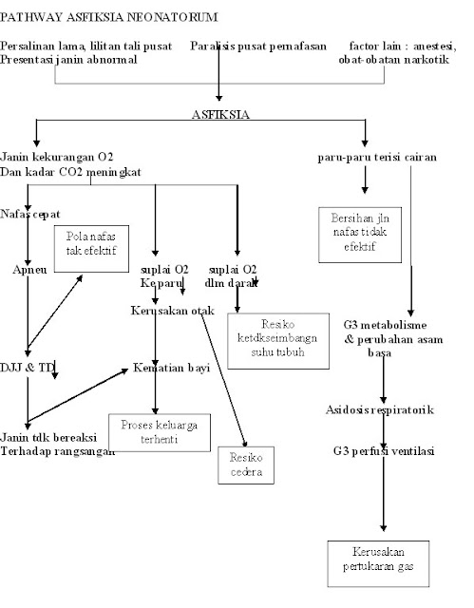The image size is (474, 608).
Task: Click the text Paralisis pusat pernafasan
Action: click(x=257, y=46)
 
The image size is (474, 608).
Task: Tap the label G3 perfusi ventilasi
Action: click(x=384, y=450)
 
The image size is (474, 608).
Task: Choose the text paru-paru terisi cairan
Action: click(x=377, y=155)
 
